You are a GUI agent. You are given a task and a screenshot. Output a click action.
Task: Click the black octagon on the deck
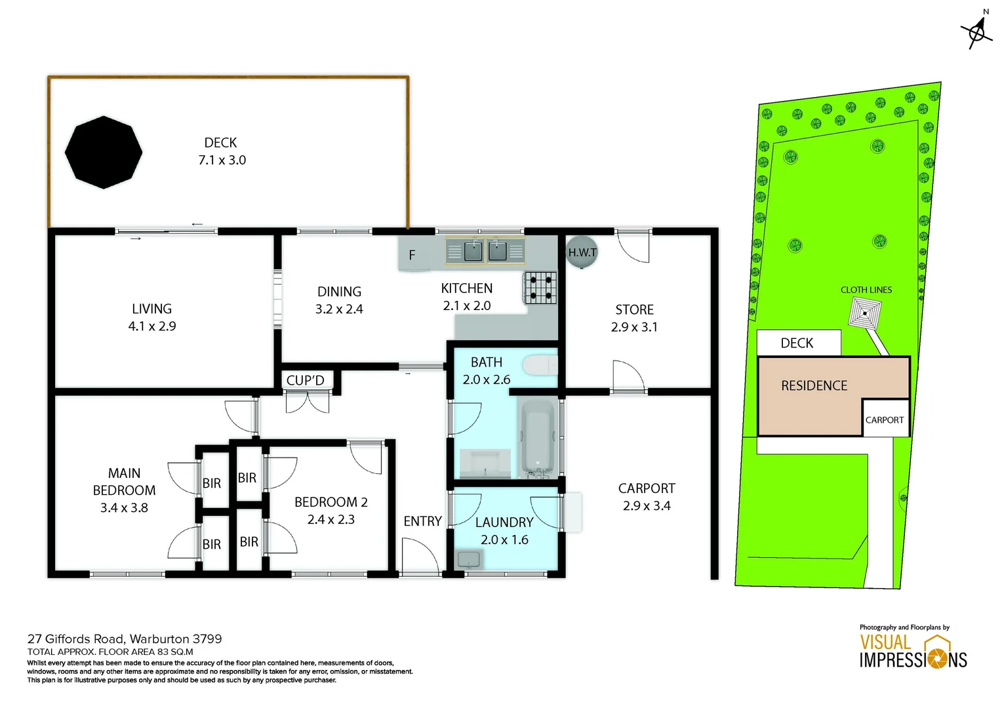pyautogui.click(x=104, y=152)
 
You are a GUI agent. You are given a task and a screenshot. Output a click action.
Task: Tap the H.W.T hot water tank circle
pyautogui.click(x=582, y=252)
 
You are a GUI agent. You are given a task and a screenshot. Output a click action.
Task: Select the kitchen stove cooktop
pyautogui.click(x=540, y=288)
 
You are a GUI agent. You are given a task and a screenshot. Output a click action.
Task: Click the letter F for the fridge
pyautogui.click(x=412, y=255)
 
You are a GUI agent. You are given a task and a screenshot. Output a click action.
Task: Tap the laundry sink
pyautogui.click(x=469, y=560)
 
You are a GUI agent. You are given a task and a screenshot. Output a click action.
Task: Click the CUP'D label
pyautogui.click(x=305, y=380)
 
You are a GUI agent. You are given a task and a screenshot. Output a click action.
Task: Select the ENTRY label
pyautogui.click(x=422, y=521)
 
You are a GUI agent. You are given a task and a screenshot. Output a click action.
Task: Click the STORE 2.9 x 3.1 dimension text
pyautogui.click(x=634, y=326)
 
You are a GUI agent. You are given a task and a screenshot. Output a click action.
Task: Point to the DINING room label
pyautogui.click(x=339, y=292)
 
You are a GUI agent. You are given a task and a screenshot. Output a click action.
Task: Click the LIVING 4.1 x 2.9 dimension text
pyautogui.click(x=152, y=326)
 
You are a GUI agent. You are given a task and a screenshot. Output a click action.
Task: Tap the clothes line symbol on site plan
pyautogui.click(x=865, y=312)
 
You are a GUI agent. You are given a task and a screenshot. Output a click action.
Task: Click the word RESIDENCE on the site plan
pyautogui.click(x=814, y=385)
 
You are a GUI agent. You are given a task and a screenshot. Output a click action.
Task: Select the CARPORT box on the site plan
pyautogui.click(x=885, y=419)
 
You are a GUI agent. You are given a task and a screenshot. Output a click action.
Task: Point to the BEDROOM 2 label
pyautogui.click(x=331, y=502)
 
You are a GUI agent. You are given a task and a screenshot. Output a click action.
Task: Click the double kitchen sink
pyautogui.click(x=485, y=251)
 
